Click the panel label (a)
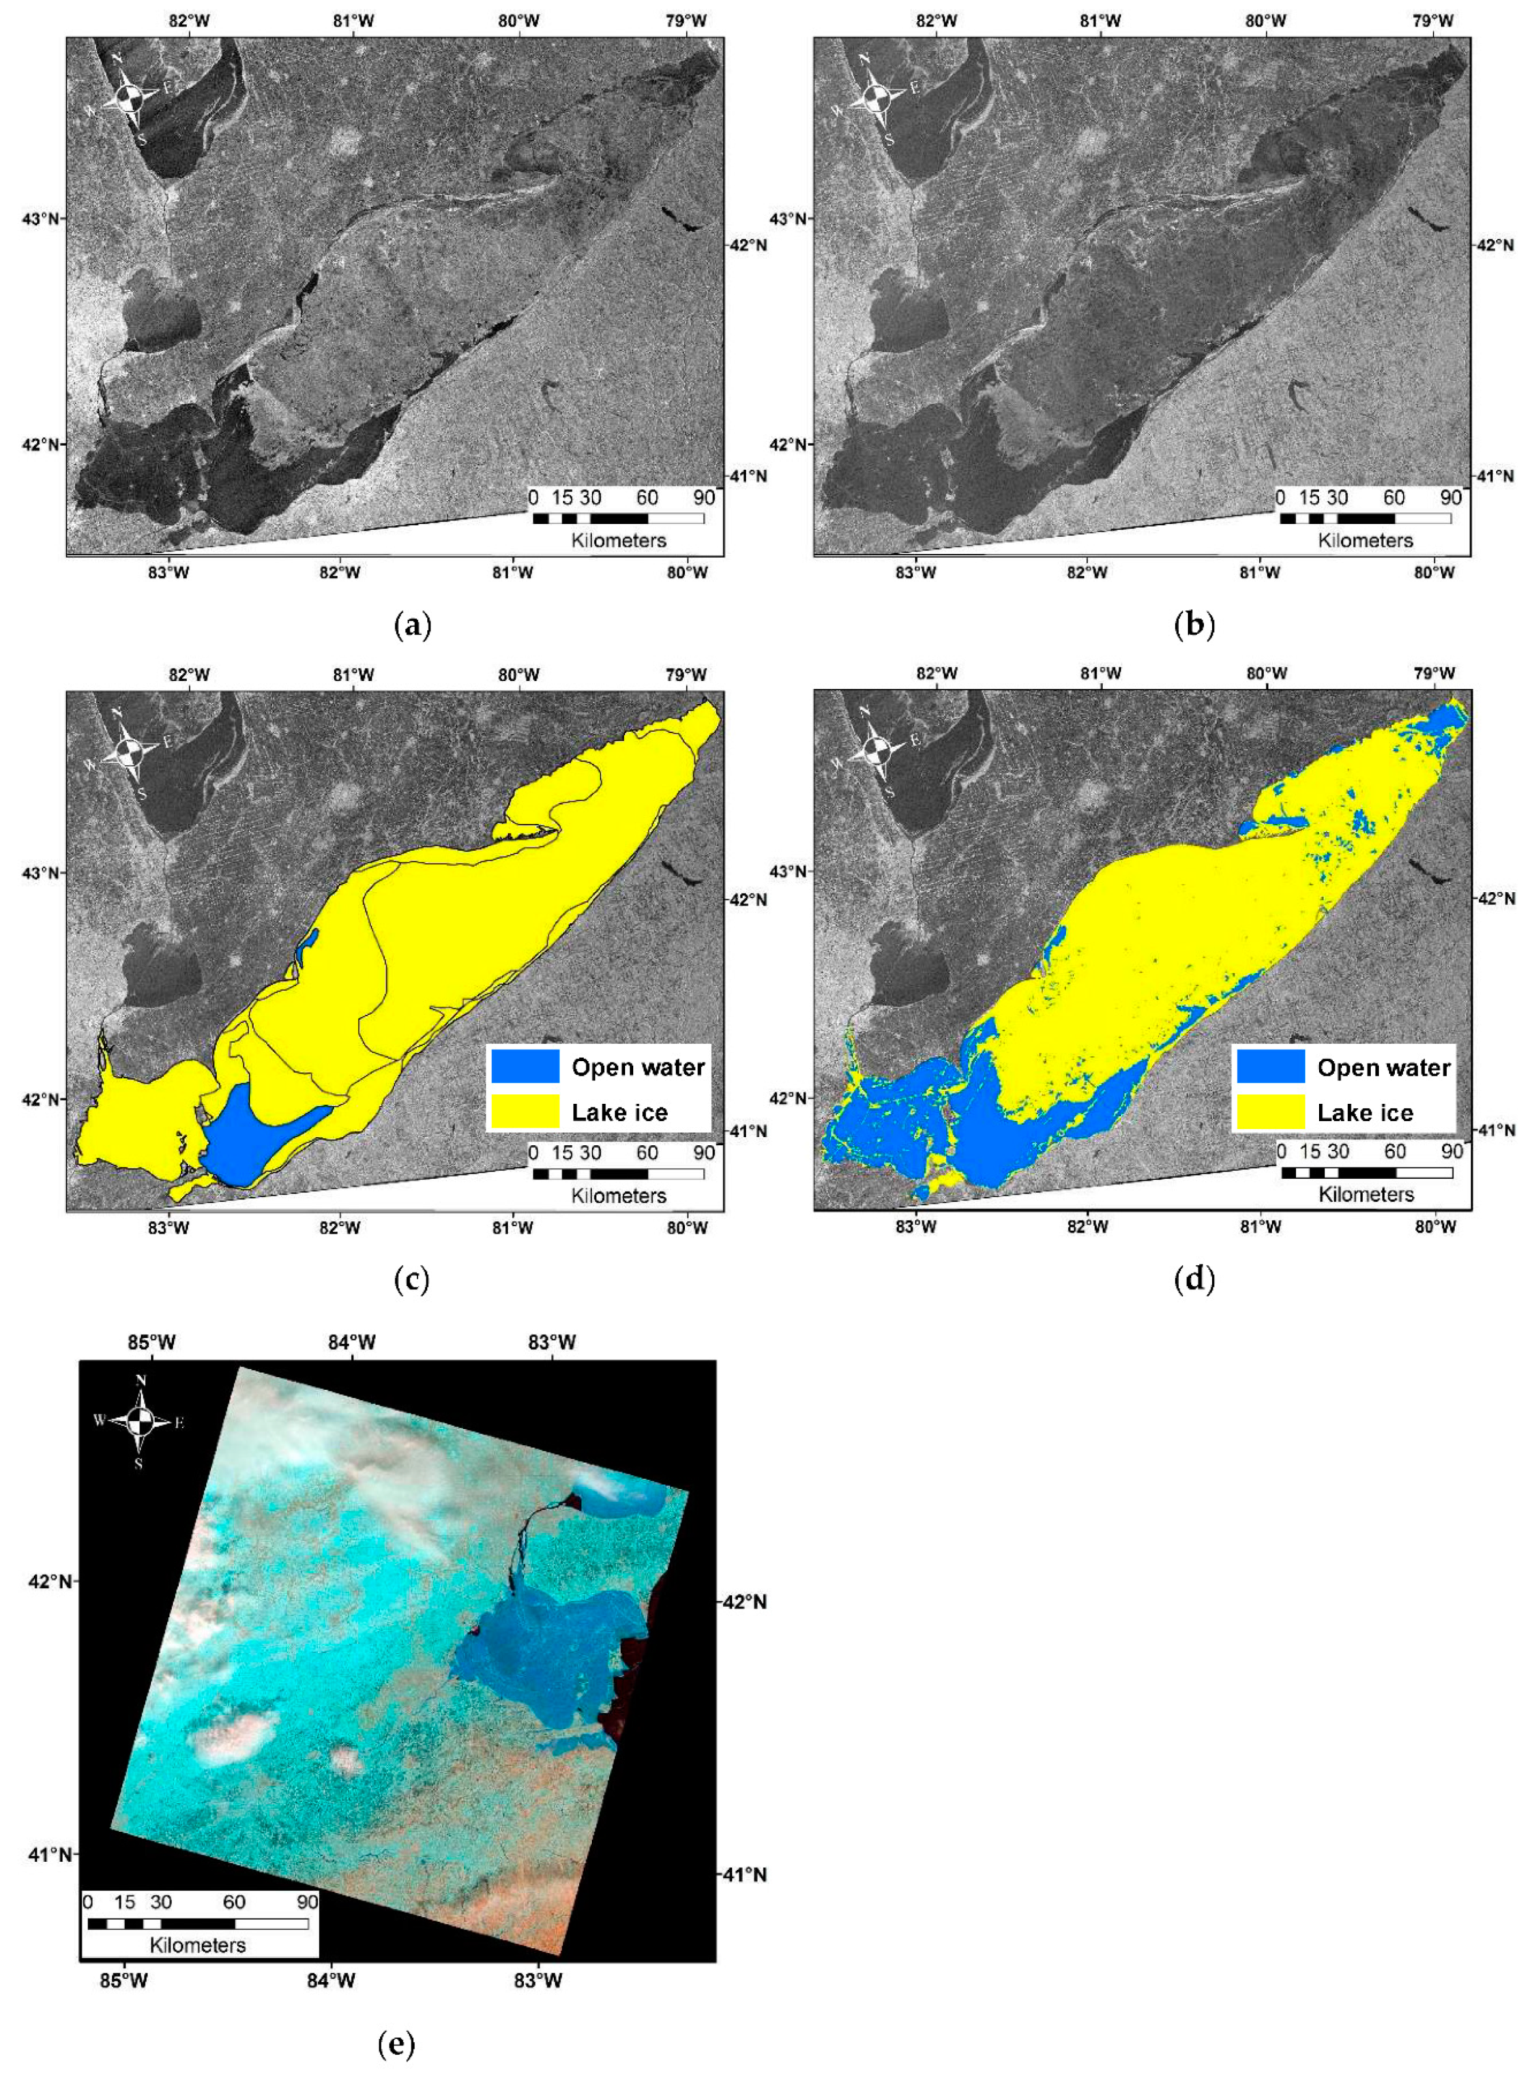pos(413,625)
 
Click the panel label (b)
pos(1194,625)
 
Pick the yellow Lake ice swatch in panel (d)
pos(1270,1112)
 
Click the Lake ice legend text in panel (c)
pos(619,1112)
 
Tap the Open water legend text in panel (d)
pos(1384,1067)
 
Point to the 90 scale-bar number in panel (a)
pos(704,497)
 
